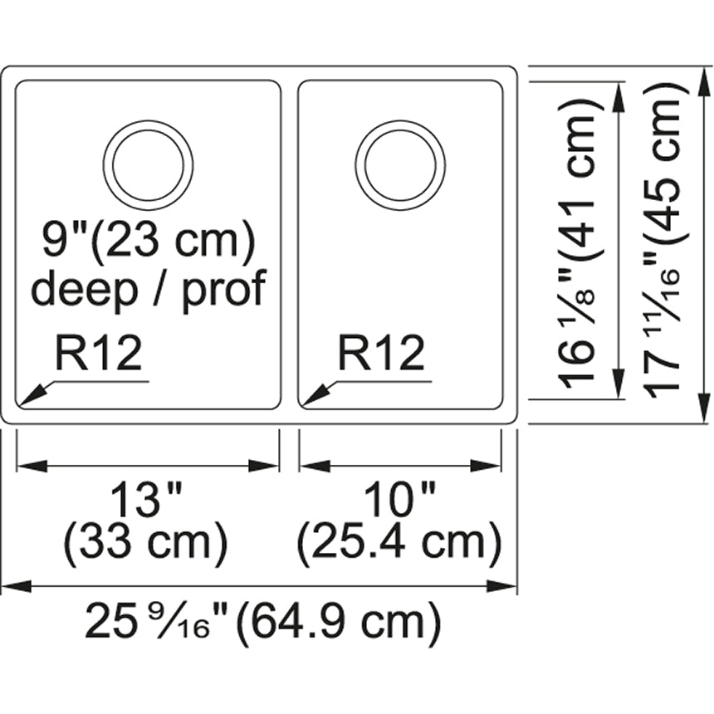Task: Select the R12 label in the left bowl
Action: [98, 353]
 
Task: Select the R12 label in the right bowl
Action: [381, 353]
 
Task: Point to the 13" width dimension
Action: [147, 500]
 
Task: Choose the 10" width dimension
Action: [400, 500]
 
